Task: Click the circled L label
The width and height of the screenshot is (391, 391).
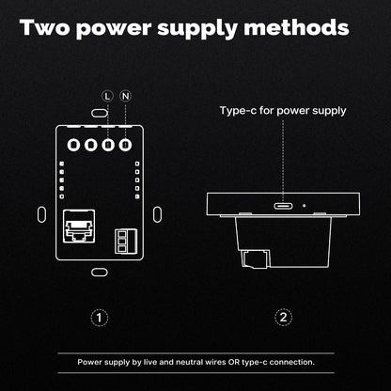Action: click(107, 96)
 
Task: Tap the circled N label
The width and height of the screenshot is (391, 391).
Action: click(126, 96)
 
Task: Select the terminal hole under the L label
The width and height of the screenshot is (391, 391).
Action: click(108, 145)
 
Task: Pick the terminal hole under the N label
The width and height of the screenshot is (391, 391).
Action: click(125, 145)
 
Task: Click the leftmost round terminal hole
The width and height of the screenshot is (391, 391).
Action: click(73, 145)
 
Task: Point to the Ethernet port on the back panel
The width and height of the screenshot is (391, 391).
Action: click(79, 226)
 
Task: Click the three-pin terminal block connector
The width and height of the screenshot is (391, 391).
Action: click(126, 241)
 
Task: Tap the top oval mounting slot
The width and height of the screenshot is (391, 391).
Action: click(100, 113)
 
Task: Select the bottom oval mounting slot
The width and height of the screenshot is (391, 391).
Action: click(100, 273)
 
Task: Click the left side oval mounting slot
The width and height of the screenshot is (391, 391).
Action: click(41, 214)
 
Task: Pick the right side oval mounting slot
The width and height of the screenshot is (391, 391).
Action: click(158, 214)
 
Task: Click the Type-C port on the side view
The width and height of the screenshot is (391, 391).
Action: click(284, 206)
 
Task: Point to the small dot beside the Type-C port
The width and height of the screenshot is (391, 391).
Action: click(304, 206)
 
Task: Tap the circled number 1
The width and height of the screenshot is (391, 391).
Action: click(100, 318)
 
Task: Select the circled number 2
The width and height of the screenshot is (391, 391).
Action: click(284, 318)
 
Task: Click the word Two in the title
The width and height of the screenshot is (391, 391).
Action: click(45, 27)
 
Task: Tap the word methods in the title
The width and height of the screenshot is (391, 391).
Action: click(296, 27)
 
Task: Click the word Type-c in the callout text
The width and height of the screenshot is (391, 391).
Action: click(238, 111)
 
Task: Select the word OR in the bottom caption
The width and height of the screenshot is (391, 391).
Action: click(234, 362)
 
